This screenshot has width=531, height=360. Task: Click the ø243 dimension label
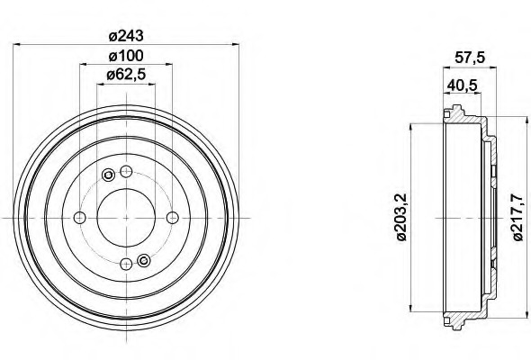click(126, 36)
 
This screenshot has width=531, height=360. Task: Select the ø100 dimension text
click(126, 56)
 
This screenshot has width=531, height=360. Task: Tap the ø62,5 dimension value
click(126, 75)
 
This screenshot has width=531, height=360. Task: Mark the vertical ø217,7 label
click(517, 218)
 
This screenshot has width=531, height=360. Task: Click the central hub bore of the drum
click(126, 217)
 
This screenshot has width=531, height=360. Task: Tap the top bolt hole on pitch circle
click(126, 172)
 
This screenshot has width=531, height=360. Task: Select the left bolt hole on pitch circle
click(80, 217)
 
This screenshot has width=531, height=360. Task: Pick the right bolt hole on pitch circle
click(172, 217)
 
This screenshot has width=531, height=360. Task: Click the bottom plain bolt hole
click(126, 263)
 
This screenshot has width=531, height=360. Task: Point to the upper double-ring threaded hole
click(110, 175)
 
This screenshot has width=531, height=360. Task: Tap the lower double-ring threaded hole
click(142, 261)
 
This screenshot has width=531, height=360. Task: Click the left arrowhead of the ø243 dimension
click(18, 46)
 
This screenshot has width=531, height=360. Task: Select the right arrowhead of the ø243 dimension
click(234, 46)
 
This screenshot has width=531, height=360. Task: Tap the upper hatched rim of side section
click(463, 117)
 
